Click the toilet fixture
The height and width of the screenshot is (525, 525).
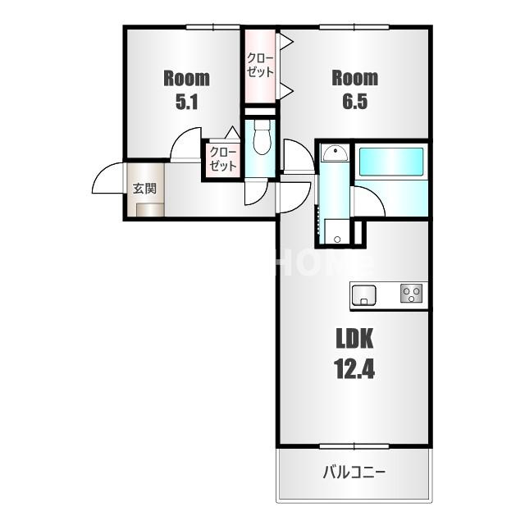pos(262,137)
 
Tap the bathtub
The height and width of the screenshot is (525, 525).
pos(391,162)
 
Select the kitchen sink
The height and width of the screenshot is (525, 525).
pos(363,295)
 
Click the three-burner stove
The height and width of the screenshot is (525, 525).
pos(412,294)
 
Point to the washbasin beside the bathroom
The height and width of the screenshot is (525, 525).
pos(335,153)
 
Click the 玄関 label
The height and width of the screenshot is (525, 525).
pos(144,189)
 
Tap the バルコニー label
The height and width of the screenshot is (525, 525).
pos(354,472)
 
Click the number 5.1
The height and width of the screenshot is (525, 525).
pos(187,102)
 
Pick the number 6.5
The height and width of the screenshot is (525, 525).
pos(355,101)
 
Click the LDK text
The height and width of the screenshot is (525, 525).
pos(354,339)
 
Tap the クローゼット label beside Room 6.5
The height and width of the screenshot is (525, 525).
pos(260,66)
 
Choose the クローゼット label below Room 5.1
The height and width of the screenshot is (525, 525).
pos(222,159)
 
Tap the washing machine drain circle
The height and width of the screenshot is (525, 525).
pos(337,240)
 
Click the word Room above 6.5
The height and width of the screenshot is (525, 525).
pos(355,78)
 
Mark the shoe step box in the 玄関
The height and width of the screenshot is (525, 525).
pos(150,210)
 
